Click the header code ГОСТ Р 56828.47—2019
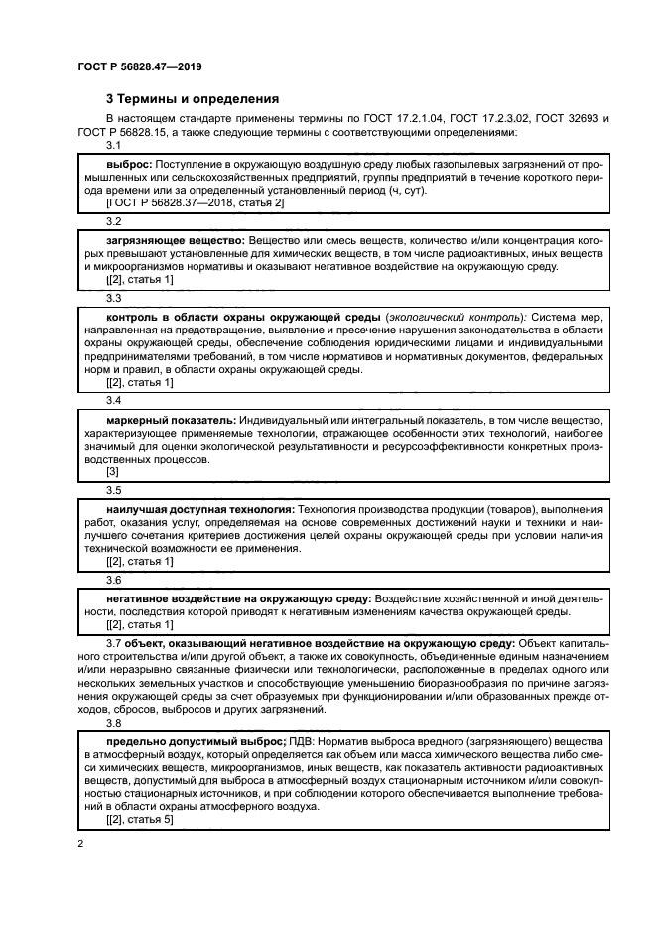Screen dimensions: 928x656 coord(140,66)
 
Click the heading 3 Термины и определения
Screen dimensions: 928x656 coord(192,99)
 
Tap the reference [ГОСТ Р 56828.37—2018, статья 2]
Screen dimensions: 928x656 coord(195,203)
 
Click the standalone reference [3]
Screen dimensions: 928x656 coord(112,473)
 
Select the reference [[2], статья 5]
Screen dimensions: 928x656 coord(139,821)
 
